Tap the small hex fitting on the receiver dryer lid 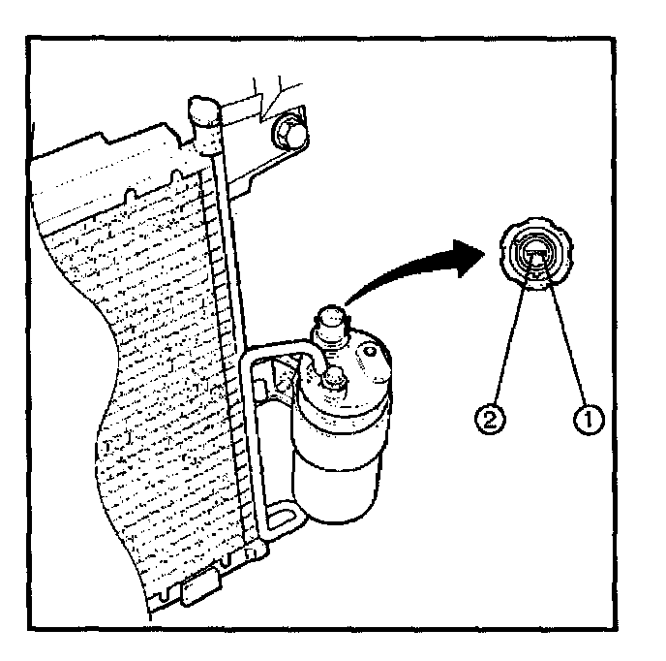pos(332,377)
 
